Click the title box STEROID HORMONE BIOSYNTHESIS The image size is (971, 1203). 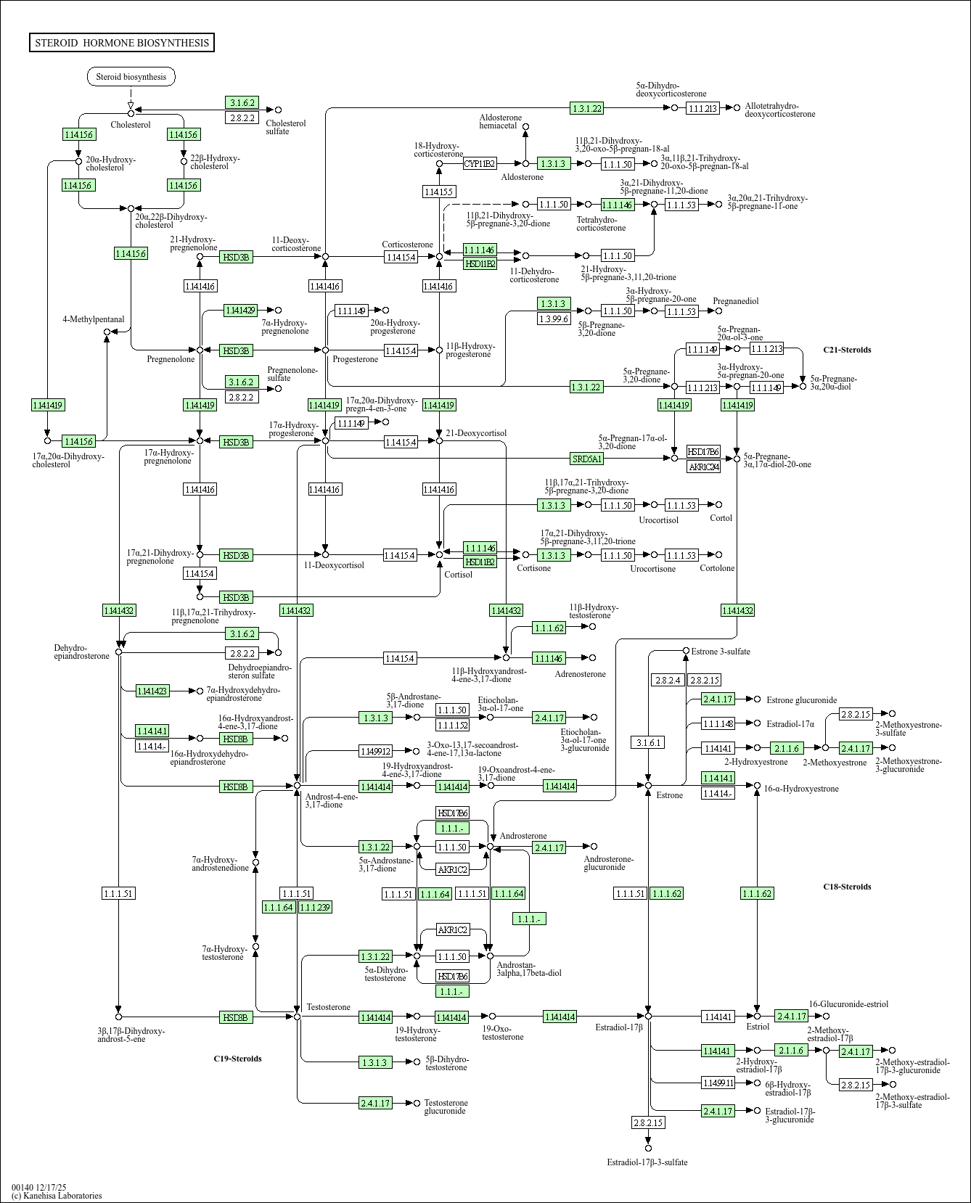[122, 43]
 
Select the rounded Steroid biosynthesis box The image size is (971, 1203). [131, 77]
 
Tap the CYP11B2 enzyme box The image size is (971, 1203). [479, 164]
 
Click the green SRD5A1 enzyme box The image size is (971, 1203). [587, 459]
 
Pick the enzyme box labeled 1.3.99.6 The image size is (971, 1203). [554, 319]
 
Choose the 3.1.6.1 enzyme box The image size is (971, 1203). [648, 742]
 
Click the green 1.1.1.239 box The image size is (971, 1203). [315, 907]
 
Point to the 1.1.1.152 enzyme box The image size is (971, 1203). [452, 725]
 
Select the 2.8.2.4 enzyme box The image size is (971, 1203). [668, 680]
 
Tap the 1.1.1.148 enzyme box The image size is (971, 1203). [718, 723]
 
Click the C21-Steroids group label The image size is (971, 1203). [847, 350]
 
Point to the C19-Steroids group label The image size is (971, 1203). [237, 1059]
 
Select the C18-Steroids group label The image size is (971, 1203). [847, 887]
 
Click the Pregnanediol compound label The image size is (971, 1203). [736, 301]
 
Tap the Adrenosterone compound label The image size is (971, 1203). [580, 674]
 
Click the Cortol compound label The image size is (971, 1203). [721, 518]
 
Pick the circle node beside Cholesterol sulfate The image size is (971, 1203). [278, 110]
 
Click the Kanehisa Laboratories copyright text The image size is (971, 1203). [57, 1196]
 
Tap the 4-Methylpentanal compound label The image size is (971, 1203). [94, 319]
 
